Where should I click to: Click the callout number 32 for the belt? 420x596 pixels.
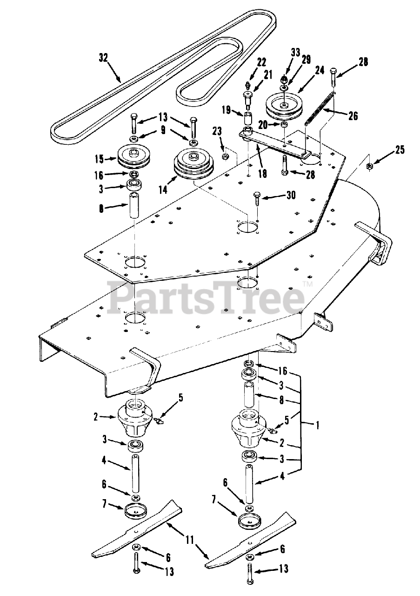click(x=103, y=57)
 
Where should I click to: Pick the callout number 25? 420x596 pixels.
click(x=400, y=149)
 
